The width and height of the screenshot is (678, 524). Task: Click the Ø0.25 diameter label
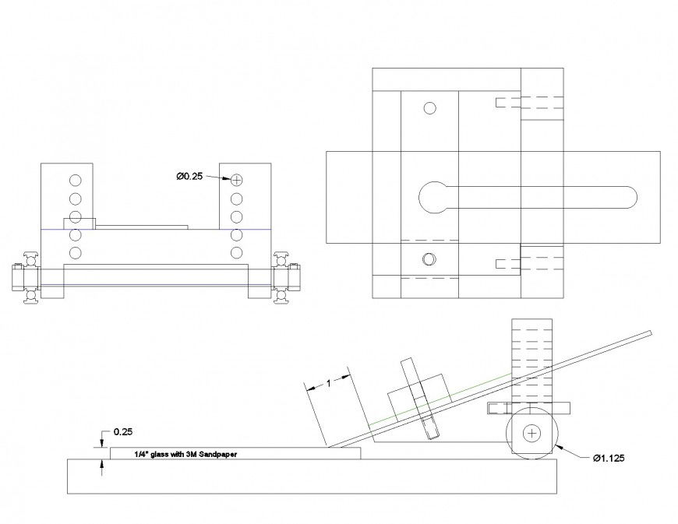coord(190,178)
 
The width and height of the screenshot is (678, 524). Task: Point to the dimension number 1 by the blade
coord(328,383)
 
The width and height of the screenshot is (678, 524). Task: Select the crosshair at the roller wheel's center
coord(532,432)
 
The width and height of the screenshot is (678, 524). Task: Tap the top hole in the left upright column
coord(76,179)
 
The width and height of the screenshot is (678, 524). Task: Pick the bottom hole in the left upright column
coord(76,252)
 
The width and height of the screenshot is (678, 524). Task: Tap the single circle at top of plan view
coord(429,108)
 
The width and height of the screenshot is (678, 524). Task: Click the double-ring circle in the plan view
coord(427,259)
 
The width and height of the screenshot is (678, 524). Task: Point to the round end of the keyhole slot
coord(435,198)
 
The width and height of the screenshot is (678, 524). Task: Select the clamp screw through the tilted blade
coord(421,399)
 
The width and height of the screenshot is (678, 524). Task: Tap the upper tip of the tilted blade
coord(648,333)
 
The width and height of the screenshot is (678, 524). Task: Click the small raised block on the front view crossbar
coord(79,223)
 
